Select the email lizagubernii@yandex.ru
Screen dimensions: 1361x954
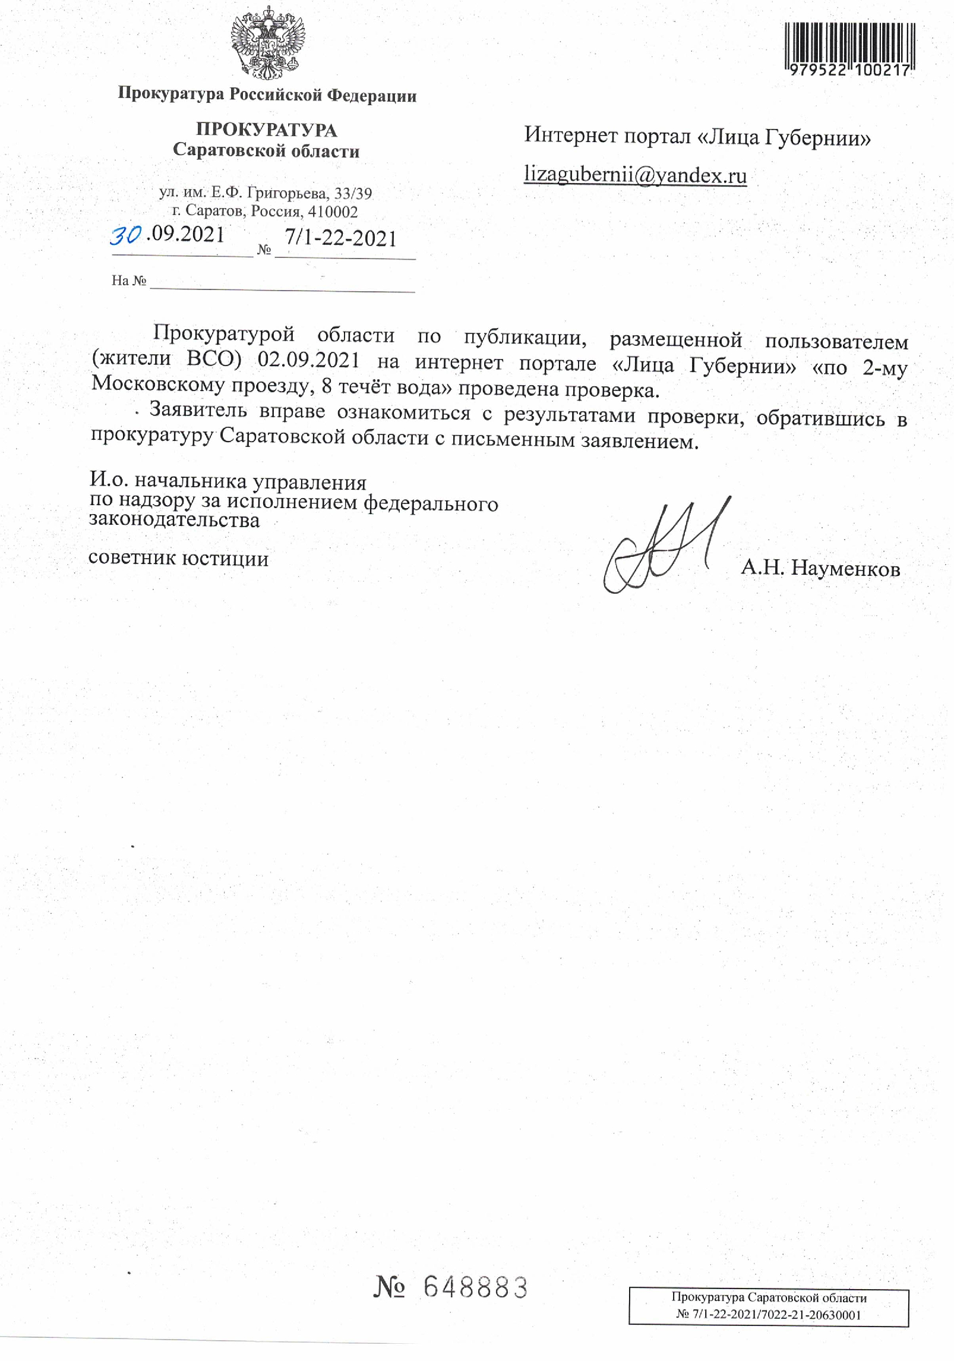634,175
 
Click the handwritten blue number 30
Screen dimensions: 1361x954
125,236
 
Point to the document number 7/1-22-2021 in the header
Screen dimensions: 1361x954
340,238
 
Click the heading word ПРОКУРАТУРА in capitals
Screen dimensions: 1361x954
266,130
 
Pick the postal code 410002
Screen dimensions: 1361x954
333,212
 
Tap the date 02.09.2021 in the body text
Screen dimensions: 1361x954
308,360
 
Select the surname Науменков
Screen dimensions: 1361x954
845,569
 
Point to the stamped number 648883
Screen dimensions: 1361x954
475,1288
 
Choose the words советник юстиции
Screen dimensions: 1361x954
178,559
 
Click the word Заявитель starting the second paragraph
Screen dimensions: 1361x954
198,410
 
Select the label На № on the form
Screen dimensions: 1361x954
128,281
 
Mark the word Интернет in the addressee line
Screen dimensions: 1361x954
570,136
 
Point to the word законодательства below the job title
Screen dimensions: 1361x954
174,521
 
